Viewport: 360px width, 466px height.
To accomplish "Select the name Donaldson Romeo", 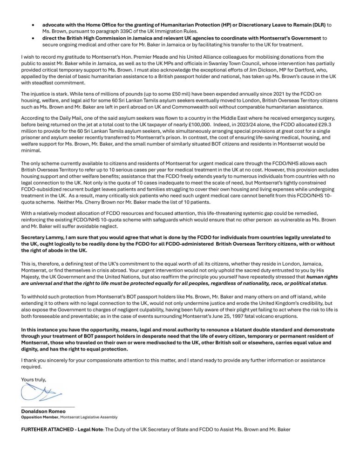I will point(40,411).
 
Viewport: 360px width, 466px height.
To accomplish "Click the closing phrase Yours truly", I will point(34,380).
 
